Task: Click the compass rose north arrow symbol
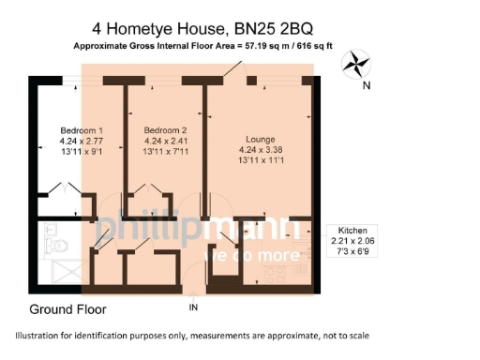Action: (x=356, y=65)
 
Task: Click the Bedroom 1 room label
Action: (x=80, y=129)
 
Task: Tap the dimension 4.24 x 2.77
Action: (x=81, y=141)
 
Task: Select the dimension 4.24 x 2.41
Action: (x=166, y=141)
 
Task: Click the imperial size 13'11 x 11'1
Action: (x=254, y=158)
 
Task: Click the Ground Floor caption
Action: (x=67, y=308)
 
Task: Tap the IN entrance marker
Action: (x=194, y=307)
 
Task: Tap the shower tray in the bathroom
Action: (x=57, y=273)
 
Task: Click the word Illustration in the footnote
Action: (x=45, y=336)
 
